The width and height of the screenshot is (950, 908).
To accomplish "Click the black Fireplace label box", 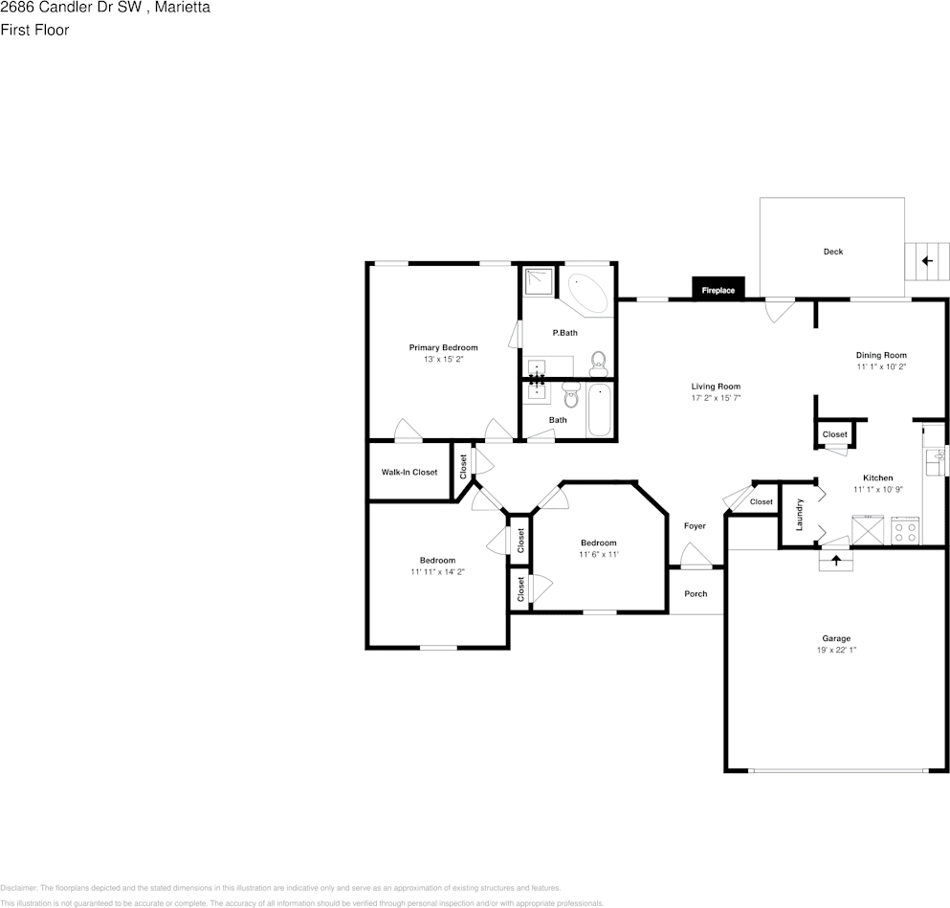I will tap(718, 290).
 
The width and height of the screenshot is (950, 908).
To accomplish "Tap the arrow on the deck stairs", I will tap(925, 260).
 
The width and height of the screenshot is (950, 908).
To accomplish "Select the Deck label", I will tap(832, 252).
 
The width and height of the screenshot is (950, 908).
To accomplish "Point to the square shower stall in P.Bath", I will tap(539, 280).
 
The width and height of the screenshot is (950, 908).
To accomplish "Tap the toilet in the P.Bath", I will tap(599, 362).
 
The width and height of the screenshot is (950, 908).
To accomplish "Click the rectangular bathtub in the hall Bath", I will tap(599, 410).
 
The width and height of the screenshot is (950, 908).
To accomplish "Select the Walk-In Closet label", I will tap(409, 472).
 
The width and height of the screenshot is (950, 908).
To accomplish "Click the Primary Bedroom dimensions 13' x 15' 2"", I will tap(443, 360).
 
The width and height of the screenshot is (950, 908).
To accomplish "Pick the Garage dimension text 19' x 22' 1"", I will tap(835, 651).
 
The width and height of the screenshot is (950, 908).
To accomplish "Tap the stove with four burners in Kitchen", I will tap(904, 531).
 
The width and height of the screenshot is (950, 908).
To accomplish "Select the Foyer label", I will tap(695, 526).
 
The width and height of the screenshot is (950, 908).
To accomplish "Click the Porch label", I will tap(696, 594).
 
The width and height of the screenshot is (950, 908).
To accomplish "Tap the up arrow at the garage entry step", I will tap(836, 561).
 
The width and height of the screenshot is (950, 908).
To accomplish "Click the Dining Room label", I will tap(880, 355).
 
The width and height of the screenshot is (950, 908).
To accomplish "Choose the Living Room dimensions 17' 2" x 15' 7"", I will tap(716, 398).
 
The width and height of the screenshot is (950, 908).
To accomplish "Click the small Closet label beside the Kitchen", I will tap(834, 434).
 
